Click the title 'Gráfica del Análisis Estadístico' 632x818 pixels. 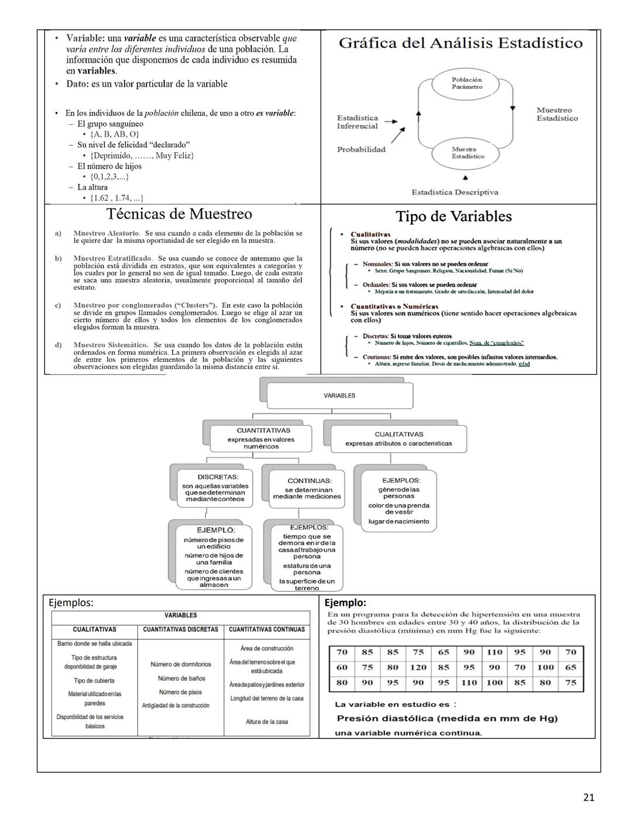pos(461,43)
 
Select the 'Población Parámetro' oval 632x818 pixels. pos(466,83)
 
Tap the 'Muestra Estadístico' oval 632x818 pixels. pos(468,153)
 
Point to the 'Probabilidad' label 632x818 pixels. pos(361,149)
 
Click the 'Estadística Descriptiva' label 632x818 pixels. pos(455,192)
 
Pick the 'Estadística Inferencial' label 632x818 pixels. pos(357,122)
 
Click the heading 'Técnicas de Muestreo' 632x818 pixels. pos(179,214)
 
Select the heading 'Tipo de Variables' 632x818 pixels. pos(454,216)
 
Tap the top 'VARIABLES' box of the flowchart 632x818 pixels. pos(339,396)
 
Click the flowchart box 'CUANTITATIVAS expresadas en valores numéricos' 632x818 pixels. pos(261,438)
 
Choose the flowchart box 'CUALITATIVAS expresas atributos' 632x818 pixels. pos(399,439)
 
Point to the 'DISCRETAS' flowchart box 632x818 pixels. pos(215,488)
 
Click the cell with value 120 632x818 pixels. pos(418,667)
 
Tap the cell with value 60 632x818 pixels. pos(342,667)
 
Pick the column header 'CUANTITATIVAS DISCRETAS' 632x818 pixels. pos(181,629)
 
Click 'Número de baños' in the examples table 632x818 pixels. pos(181,678)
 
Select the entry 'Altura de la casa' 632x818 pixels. pos(267,721)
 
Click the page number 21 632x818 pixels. pos(589,797)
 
